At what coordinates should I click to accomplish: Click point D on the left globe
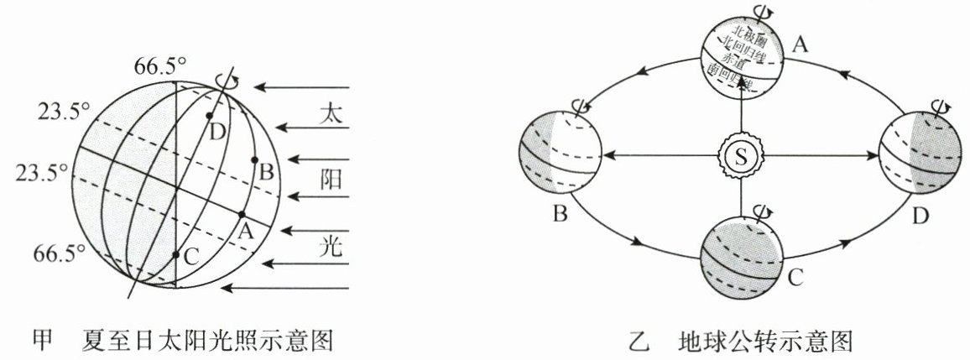point(209,115)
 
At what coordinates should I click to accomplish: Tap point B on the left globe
point(254,159)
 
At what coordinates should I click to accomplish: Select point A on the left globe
point(242,214)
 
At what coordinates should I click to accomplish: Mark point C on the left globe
point(175,253)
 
